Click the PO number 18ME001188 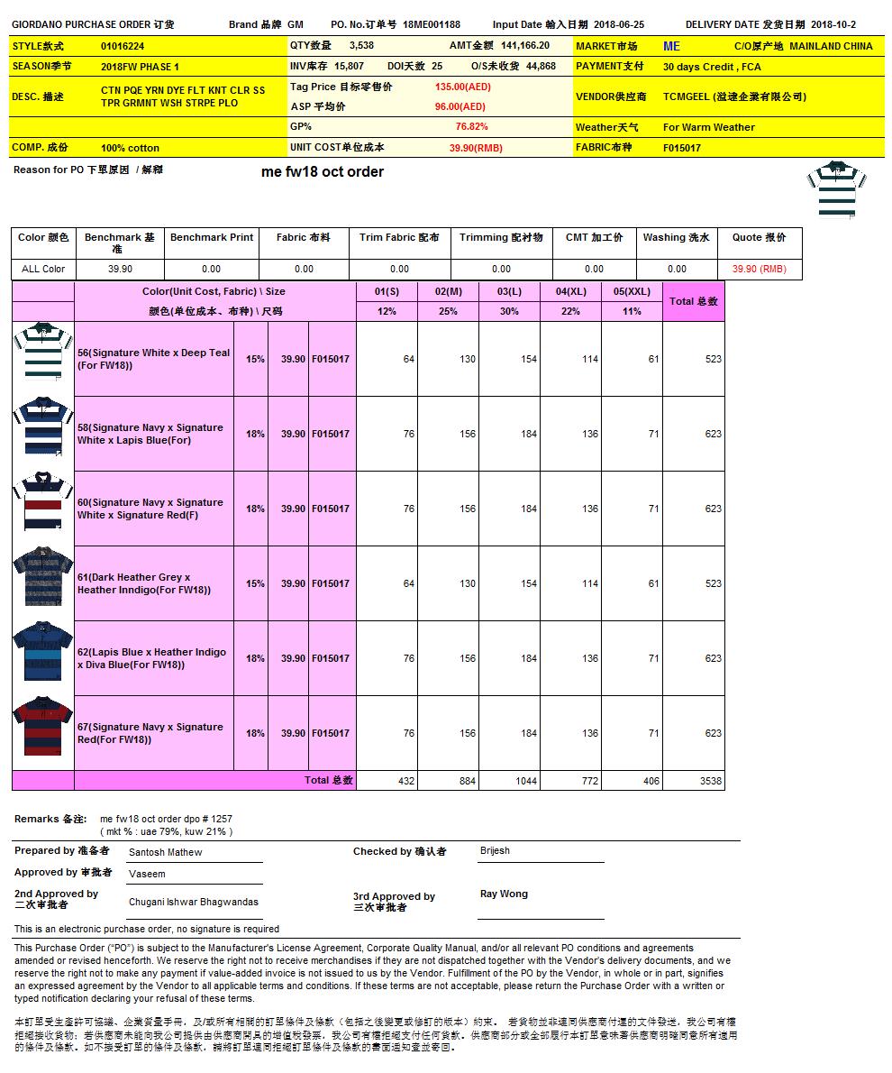tap(432, 25)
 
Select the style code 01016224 tap(123, 46)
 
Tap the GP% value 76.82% tap(471, 127)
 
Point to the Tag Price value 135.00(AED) tap(462, 87)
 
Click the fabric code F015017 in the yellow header tap(682, 148)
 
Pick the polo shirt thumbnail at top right tap(836, 188)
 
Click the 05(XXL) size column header tap(632, 291)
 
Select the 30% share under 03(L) tap(510, 311)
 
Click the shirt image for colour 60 tap(42, 509)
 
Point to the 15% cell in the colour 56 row tap(255, 359)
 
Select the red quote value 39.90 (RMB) tap(759, 269)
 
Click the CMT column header tap(594, 238)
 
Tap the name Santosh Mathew tap(166, 852)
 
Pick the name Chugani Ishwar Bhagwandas tap(194, 902)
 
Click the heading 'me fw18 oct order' tap(323, 172)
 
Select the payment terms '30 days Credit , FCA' tap(712, 67)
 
